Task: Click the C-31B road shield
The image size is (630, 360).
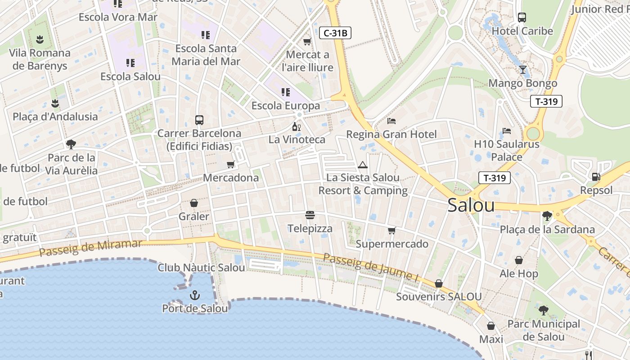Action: (335, 33)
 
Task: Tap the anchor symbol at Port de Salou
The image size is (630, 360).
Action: (195, 295)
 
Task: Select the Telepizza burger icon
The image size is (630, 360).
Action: (310, 215)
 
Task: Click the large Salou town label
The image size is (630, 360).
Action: (471, 206)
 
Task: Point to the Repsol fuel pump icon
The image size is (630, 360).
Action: (596, 177)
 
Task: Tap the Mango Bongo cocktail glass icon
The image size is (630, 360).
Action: (522, 70)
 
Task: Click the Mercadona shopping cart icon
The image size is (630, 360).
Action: (231, 165)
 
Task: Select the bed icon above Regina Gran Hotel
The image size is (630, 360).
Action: (391, 121)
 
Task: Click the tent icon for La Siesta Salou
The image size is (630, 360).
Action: (363, 165)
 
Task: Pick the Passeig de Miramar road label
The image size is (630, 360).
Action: (90, 247)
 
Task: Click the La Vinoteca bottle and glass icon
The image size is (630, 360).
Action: (297, 126)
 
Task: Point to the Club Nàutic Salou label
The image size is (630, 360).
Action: (201, 268)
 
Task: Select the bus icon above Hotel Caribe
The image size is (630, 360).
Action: (522, 18)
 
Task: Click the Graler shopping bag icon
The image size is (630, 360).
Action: (194, 203)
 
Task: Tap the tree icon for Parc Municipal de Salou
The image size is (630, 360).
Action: (544, 310)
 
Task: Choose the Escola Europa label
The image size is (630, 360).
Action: (286, 106)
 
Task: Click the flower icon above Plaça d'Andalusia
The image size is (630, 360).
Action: (55, 103)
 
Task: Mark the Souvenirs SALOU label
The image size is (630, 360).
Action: (439, 297)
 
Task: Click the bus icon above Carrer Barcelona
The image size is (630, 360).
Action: (199, 120)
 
